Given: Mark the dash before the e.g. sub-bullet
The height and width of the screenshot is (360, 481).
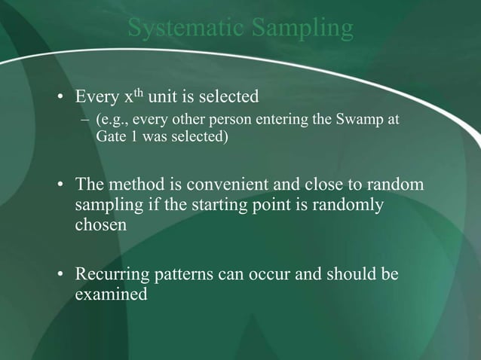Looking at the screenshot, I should (x=86, y=120).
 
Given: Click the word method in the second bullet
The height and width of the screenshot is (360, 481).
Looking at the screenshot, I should (x=132, y=185).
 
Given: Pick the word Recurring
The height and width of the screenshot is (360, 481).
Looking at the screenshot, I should (x=107, y=274).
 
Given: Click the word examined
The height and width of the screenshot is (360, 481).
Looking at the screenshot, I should (x=111, y=294).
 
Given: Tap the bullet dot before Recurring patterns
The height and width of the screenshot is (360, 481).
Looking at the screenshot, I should (x=60, y=274).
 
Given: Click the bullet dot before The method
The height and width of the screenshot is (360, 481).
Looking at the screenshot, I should (x=60, y=185).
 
